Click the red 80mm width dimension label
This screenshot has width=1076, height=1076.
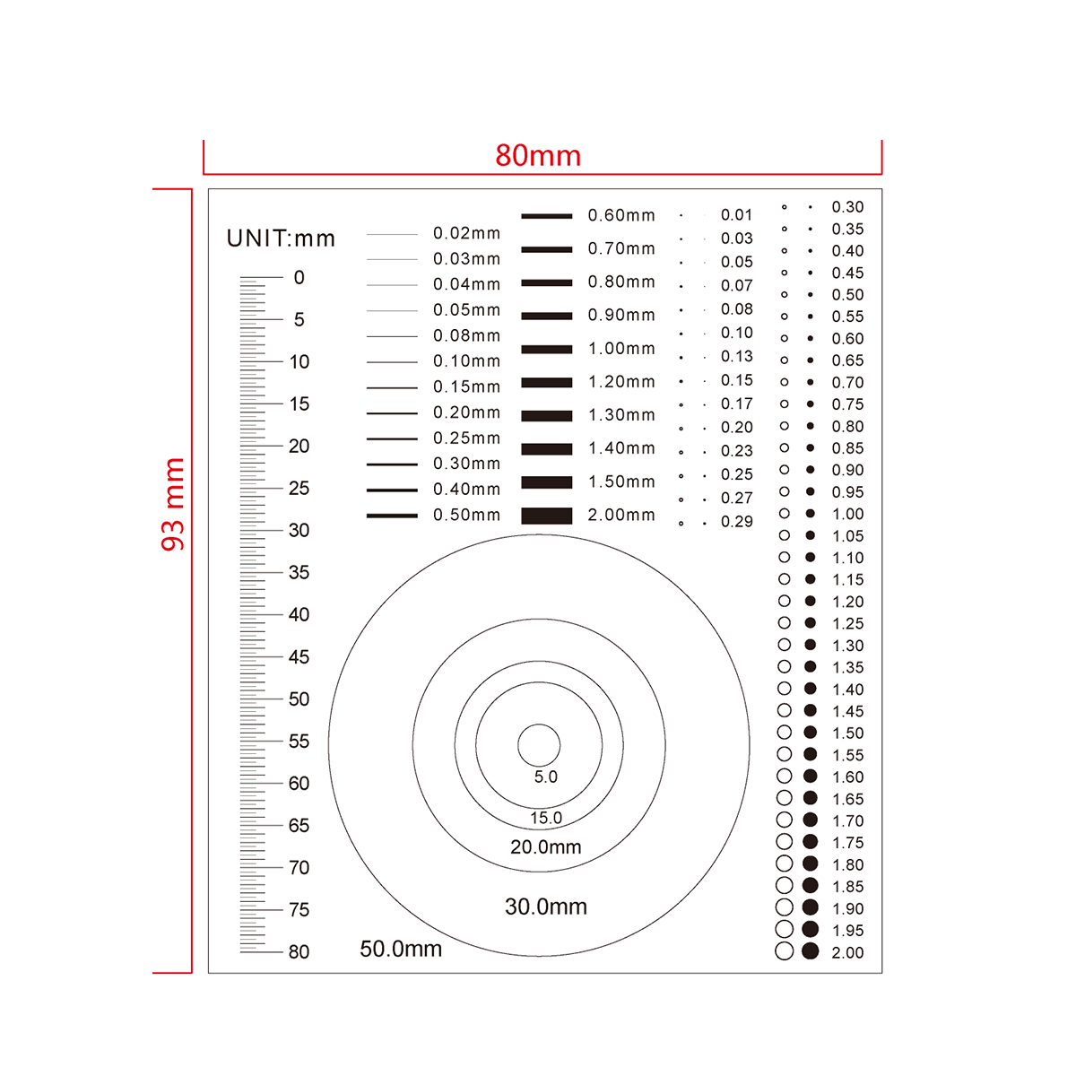point(538,155)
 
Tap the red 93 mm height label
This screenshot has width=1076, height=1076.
point(173,504)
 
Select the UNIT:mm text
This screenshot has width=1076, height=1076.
point(281,239)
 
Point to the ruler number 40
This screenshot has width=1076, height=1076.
point(299,614)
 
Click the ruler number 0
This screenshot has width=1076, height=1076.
point(299,277)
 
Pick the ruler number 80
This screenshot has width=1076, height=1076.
point(299,951)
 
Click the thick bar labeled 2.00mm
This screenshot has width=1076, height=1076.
point(547,516)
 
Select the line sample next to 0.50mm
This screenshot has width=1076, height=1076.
point(392,516)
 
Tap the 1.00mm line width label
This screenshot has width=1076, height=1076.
point(621,349)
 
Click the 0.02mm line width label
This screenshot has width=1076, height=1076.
point(467,233)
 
